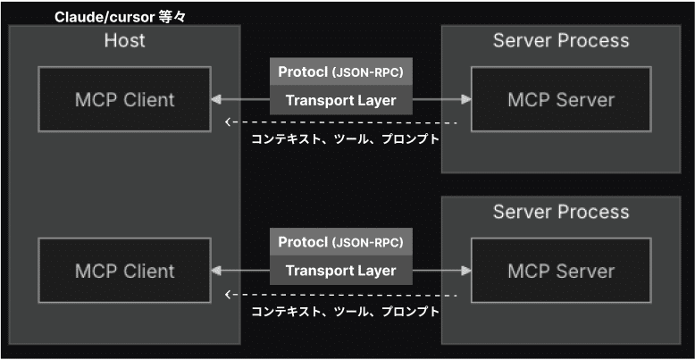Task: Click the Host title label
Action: [124, 40]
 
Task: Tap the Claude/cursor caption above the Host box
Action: [119, 18]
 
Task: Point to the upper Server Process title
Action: [561, 40]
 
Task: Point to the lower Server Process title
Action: [561, 212]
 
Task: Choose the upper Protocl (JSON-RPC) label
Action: [341, 71]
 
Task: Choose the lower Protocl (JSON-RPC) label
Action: [341, 242]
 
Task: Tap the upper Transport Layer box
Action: [341, 100]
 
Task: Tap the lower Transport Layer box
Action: [341, 271]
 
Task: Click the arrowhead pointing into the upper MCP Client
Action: [216, 100]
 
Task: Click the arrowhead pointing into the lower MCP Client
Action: [216, 271]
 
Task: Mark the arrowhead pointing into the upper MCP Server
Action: [465, 100]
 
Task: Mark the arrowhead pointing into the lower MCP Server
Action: [465, 271]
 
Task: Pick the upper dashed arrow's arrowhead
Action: [228, 121]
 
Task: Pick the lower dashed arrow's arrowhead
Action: [228, 295]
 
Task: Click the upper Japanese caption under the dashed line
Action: [346, 139]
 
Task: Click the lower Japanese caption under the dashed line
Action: [346, 311]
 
